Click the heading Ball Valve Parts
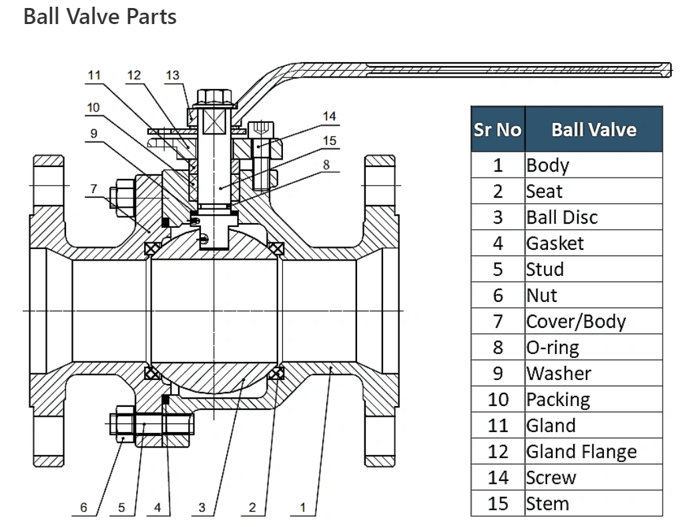[x=100, y=16]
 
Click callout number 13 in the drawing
[x=173, y=75]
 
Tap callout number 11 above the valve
[x=94, y=75]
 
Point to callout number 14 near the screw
[x=330, y=116]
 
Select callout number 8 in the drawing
[x=326, y=164]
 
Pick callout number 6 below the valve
[x=83, y=508]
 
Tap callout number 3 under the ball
[x=202, y=508]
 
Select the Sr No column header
[x=497, y=130]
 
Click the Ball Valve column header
[x=594, y=130]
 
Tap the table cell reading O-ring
[x=553, y=347]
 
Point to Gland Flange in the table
[x=581, y=452]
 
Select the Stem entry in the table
[x=547, y=504]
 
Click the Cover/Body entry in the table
[x=576, y=322]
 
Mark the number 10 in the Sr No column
[x=498, y=400]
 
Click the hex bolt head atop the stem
[x=214, y=98]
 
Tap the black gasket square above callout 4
[x=165, y=399]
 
